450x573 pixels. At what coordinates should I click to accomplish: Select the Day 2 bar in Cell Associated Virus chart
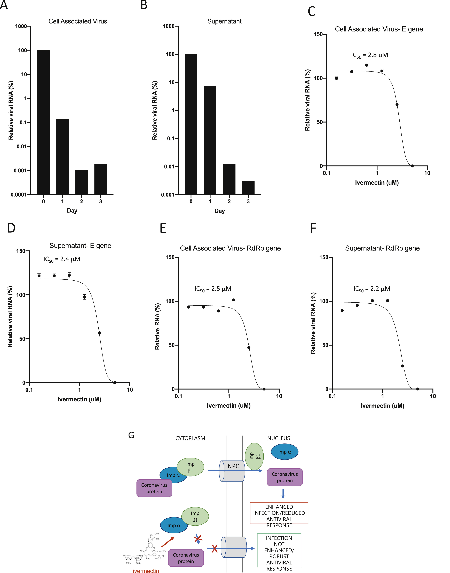click(x=82, y=182)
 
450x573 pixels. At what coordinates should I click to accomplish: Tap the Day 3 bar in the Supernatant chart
click(x=248, y=188)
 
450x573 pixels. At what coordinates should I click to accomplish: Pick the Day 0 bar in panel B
click(x=191, y=124)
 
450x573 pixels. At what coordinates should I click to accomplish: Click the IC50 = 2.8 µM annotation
click(x=369, y=55)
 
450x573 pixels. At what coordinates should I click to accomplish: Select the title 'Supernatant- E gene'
click(x=80, y=246)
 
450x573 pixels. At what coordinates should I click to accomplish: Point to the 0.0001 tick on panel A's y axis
click(x=18, y=195)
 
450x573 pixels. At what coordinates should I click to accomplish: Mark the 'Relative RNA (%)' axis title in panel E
click(x=157, y=327)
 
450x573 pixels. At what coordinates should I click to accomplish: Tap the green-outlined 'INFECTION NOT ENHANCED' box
click(x=279, y=550)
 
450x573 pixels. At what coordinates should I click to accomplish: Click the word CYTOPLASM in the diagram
click(x=190, y=438)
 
